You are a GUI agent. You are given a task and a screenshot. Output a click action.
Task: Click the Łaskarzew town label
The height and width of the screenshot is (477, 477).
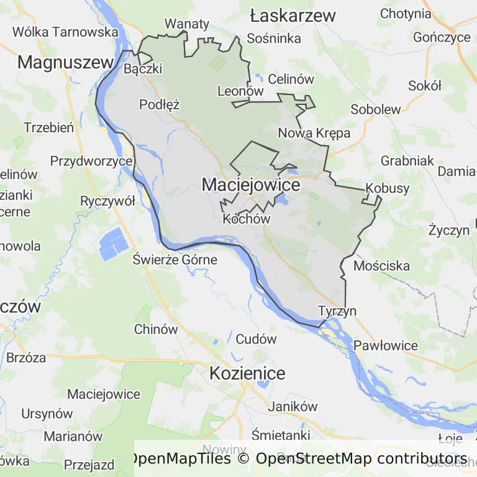293,16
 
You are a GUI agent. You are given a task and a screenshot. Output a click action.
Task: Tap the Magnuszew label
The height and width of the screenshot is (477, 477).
66,61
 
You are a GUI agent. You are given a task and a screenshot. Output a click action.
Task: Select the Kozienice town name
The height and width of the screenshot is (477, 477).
247,373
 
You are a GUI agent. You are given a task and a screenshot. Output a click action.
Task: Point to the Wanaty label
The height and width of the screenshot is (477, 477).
187,24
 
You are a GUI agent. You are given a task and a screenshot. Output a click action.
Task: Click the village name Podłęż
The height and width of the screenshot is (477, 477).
159,104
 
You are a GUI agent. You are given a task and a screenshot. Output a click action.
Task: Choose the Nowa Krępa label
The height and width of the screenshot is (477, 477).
314,133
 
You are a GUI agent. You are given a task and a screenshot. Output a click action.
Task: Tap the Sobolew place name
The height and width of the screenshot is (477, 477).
376,109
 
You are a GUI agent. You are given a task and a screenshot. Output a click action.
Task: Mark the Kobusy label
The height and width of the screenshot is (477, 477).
388,188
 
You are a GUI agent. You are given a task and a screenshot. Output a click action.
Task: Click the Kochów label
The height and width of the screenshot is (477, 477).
247,219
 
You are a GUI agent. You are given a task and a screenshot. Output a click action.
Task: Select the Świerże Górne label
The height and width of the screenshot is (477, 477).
175,260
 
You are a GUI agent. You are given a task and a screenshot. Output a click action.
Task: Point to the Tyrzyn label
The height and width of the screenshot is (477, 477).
337,311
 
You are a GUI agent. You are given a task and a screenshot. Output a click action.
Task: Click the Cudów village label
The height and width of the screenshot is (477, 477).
256,339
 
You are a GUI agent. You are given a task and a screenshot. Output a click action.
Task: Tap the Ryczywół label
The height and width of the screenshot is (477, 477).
107,201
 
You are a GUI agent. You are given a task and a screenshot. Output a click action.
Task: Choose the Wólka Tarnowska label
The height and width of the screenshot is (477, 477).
65,32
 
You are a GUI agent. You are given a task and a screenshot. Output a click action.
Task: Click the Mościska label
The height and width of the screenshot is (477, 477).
381,266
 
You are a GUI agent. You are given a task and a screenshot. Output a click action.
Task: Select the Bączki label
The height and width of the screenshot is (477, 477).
143,68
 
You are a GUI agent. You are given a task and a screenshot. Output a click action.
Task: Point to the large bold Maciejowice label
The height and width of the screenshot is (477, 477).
251,184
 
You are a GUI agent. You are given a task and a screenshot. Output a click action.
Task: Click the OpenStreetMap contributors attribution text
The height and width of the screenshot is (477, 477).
361,459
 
